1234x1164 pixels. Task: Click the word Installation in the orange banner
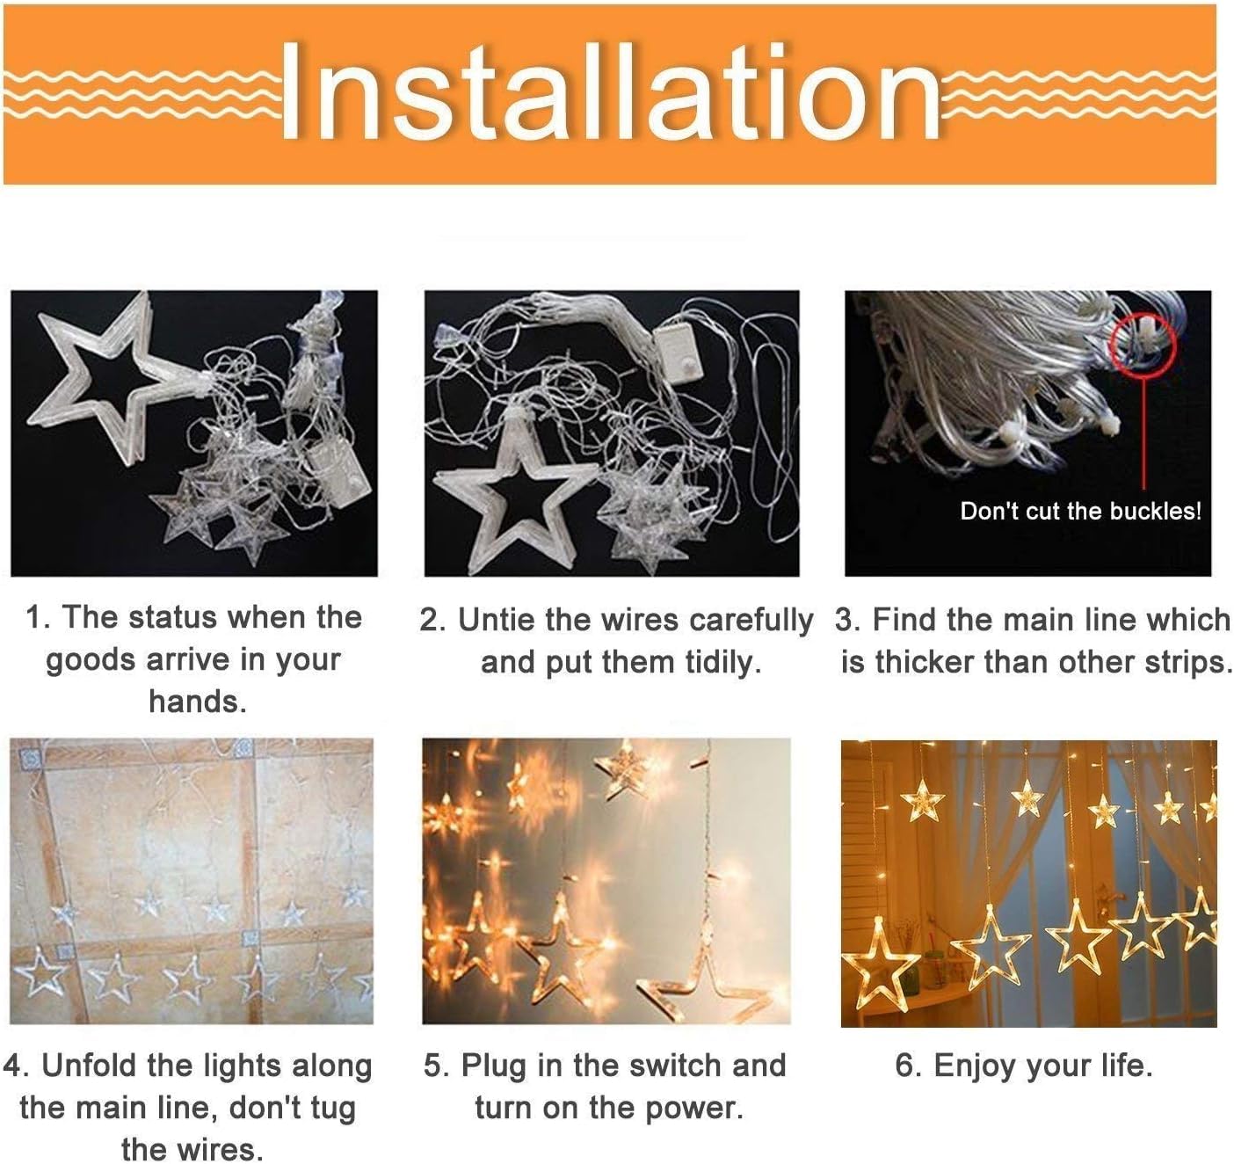[610, 91]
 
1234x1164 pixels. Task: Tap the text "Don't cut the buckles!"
[1080, 511]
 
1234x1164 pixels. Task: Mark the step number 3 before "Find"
[845, 620]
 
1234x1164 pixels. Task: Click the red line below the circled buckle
[1143, 431]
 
